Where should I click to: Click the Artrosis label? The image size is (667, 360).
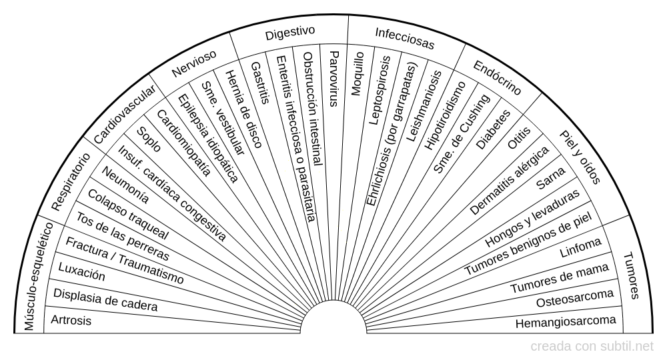(71, 321)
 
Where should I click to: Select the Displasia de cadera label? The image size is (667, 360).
(105, 301)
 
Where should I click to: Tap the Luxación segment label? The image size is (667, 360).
(82, 273)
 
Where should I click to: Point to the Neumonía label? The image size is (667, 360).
(125, 184)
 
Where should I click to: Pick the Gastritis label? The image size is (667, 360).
(260, 83)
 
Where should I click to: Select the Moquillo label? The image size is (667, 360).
(358, 73)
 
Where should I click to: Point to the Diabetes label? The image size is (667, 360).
(494, 129)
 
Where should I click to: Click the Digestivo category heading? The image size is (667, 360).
(289, 33)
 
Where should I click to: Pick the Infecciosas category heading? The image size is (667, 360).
(404, 39)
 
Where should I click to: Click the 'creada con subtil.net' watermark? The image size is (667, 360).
(592, 347)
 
